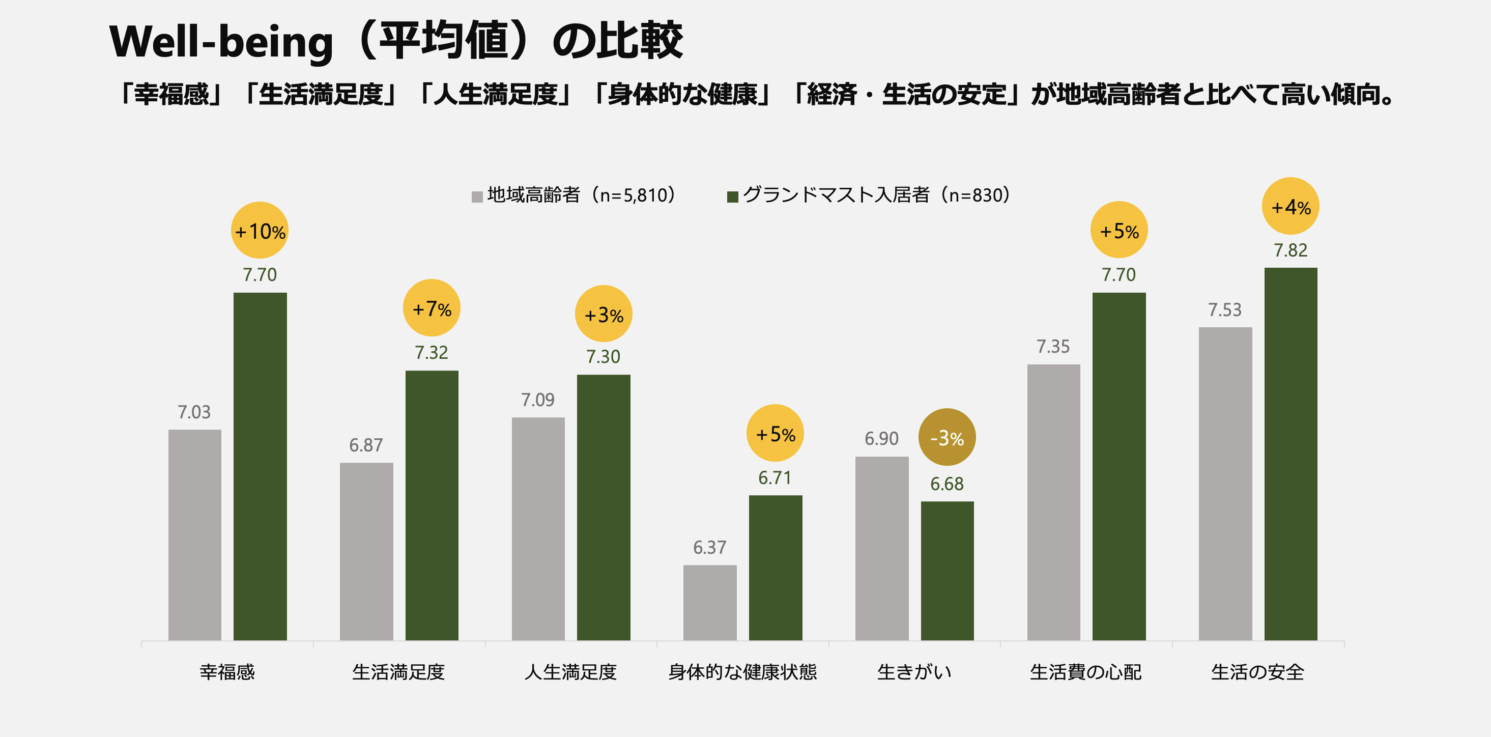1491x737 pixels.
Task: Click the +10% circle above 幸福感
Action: [x=260, y=231]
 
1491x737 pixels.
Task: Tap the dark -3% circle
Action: [x=947, y=437]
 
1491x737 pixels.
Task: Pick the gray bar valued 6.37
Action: [x=709, y=602]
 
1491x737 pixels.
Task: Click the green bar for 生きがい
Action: [x=947, y=570]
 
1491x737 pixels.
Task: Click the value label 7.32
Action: [x=431, y=353]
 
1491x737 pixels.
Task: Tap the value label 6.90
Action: [x=881, y=439]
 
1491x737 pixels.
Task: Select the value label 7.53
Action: [x=1224, y=310]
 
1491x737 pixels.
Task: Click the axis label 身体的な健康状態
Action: [x=742, y=672]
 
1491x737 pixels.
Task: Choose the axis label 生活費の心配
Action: [x=1085, y=672]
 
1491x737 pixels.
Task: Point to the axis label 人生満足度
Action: [x=570, y=672]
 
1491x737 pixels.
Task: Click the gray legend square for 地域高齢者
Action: [x=477, y=197]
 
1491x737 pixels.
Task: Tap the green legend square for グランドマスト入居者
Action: [x=732, y=197]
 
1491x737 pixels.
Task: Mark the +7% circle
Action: [x=431, y=308]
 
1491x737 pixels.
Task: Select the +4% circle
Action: [x=1290, y=206]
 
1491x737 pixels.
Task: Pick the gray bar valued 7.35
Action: [x=1053, y=502]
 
